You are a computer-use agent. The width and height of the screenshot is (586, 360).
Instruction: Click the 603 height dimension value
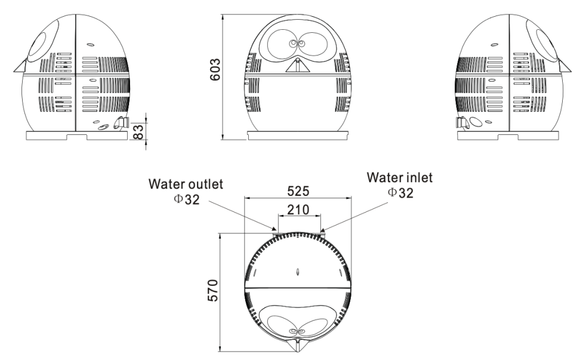point(215,69)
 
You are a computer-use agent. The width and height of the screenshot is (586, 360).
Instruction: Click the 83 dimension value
point(138,131)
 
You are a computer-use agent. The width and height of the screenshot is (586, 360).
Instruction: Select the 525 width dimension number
point(298,191)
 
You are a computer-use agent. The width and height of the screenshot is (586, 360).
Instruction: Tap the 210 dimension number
point(298,210)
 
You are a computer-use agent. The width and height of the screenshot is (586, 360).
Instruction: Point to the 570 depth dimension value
point(212,290)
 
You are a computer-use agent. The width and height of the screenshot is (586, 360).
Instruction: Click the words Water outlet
point(186,184)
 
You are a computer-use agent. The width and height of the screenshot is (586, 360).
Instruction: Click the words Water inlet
point(399,177)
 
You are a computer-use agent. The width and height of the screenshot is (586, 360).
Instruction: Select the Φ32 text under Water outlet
point(187,199)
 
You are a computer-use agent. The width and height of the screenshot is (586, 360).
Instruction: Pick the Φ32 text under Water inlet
point(400,192)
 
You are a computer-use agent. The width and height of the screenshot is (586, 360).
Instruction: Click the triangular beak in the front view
point(298,66)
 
